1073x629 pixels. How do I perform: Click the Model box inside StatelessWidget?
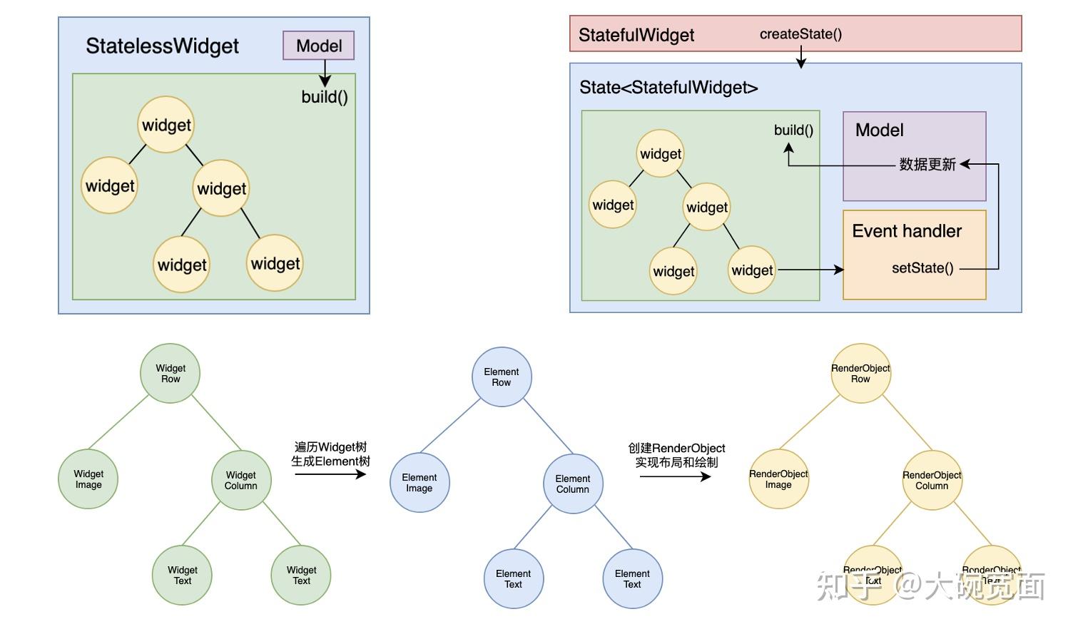(x=318, y=46)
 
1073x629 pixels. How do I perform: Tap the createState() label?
(x=800, y=34)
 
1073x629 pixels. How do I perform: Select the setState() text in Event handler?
(x=922, y=268)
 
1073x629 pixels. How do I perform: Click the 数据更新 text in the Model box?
(x=927, y=165)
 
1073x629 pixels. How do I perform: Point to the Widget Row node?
(x=171, y=374)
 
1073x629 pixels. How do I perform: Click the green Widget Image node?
(x=88, y=479)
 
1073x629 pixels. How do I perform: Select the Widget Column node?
(x=241, y=481)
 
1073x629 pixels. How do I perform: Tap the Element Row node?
(x=502, y=377)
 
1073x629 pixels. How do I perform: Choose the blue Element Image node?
(x=419, y=483)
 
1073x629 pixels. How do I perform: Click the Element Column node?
(x=573, y=484)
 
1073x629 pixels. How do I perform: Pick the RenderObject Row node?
(x=860, y=374)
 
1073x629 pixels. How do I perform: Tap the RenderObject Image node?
(x=778, y=479)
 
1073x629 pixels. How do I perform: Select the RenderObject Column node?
(x=932, y=481)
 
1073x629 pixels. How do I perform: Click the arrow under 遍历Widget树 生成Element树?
(x=330, y=474)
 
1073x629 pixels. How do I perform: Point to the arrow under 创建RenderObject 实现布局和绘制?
(x=675, y=476)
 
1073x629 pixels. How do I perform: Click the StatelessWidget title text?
(x=162, y=46)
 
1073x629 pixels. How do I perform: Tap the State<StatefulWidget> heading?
(x=668, y=88)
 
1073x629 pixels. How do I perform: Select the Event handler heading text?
(x=907, y=231)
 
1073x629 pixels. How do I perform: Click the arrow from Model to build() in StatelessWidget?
(x=325, y=73)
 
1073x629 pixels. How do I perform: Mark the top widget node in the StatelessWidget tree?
(x=166, y=125)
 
